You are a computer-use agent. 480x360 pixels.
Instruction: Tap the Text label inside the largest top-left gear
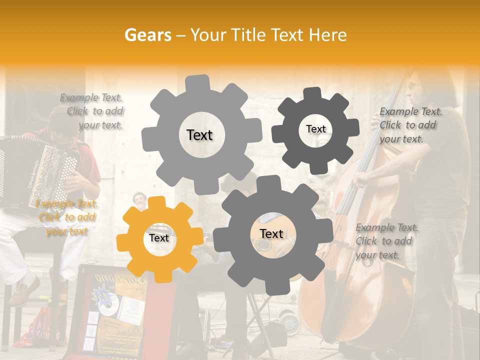point(199,135)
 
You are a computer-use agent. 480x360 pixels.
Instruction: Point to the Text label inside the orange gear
point(159,238)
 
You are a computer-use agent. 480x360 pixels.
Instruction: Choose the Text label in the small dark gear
point(315,129)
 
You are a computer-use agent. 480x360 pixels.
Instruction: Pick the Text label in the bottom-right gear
point(271,233)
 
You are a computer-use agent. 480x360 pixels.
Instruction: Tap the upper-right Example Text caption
point(409,125)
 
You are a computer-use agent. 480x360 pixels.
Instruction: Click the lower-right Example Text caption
point(385,241)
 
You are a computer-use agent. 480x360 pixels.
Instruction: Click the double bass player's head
point(422,87)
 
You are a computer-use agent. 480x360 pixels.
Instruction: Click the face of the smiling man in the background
point(140,201)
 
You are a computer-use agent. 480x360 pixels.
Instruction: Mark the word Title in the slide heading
point(249,35)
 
